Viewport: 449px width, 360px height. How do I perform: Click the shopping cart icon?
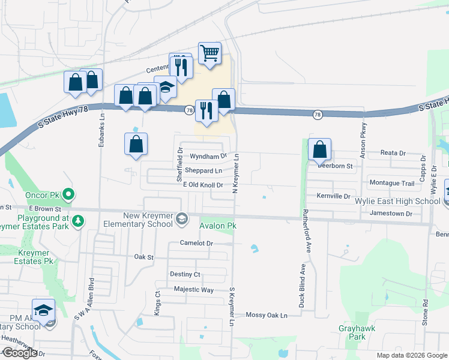point(209,53)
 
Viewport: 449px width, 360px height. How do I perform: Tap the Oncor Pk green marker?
point(68,194)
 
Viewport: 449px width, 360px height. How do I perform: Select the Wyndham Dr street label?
point(208,156)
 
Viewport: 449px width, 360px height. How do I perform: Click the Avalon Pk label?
point(217,226)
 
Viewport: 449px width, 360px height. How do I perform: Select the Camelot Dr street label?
point(196,243)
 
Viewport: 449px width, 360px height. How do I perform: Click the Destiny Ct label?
point(185,274)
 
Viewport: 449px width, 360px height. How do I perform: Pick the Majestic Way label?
point(193,290)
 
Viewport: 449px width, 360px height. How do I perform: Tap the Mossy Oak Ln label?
point(267,315)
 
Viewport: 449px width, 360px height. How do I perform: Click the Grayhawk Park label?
point(352,332)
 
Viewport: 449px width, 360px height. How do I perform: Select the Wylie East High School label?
point(406,201)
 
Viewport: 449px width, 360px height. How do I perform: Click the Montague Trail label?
point(391,183)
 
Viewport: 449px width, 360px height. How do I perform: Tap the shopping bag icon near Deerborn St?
point(320,149)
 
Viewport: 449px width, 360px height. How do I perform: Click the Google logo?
point(20,353)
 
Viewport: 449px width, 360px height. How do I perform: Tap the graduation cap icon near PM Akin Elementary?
point(43,310)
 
